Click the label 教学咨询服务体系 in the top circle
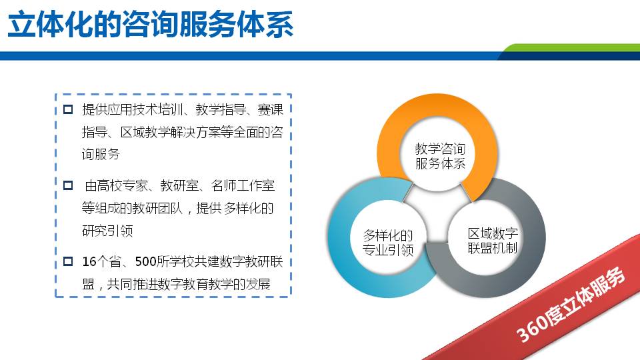coord(440,156)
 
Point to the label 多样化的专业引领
coord(388,243)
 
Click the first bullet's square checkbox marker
coord(67,109)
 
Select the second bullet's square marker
coord(67,185)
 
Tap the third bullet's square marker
coord(67,261)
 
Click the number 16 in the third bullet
coord(89,261)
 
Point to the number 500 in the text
coord(147,261)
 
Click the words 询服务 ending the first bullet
coord(101,154)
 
